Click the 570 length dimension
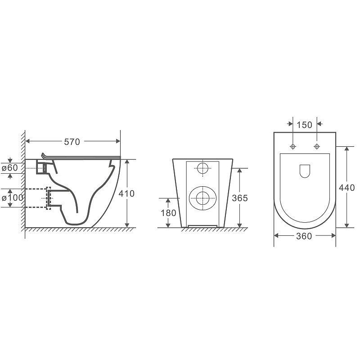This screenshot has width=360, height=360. point(72,142)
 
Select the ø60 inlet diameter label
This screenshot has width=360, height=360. point(9,168)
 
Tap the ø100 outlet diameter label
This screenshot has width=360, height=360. point(13,198)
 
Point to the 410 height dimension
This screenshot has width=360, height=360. point(126,193)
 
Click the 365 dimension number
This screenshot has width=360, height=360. point(240,198)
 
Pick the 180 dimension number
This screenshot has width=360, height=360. point(168,213)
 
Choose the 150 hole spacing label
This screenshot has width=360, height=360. point(305,125)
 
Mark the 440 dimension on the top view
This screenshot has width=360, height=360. point(347,188)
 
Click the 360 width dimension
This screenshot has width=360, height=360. point(304,236)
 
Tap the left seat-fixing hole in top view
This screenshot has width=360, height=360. point(293,147)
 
